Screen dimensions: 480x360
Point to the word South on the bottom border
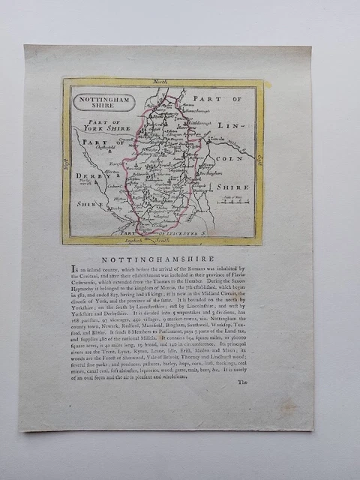163,240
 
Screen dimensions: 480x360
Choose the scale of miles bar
236,200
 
